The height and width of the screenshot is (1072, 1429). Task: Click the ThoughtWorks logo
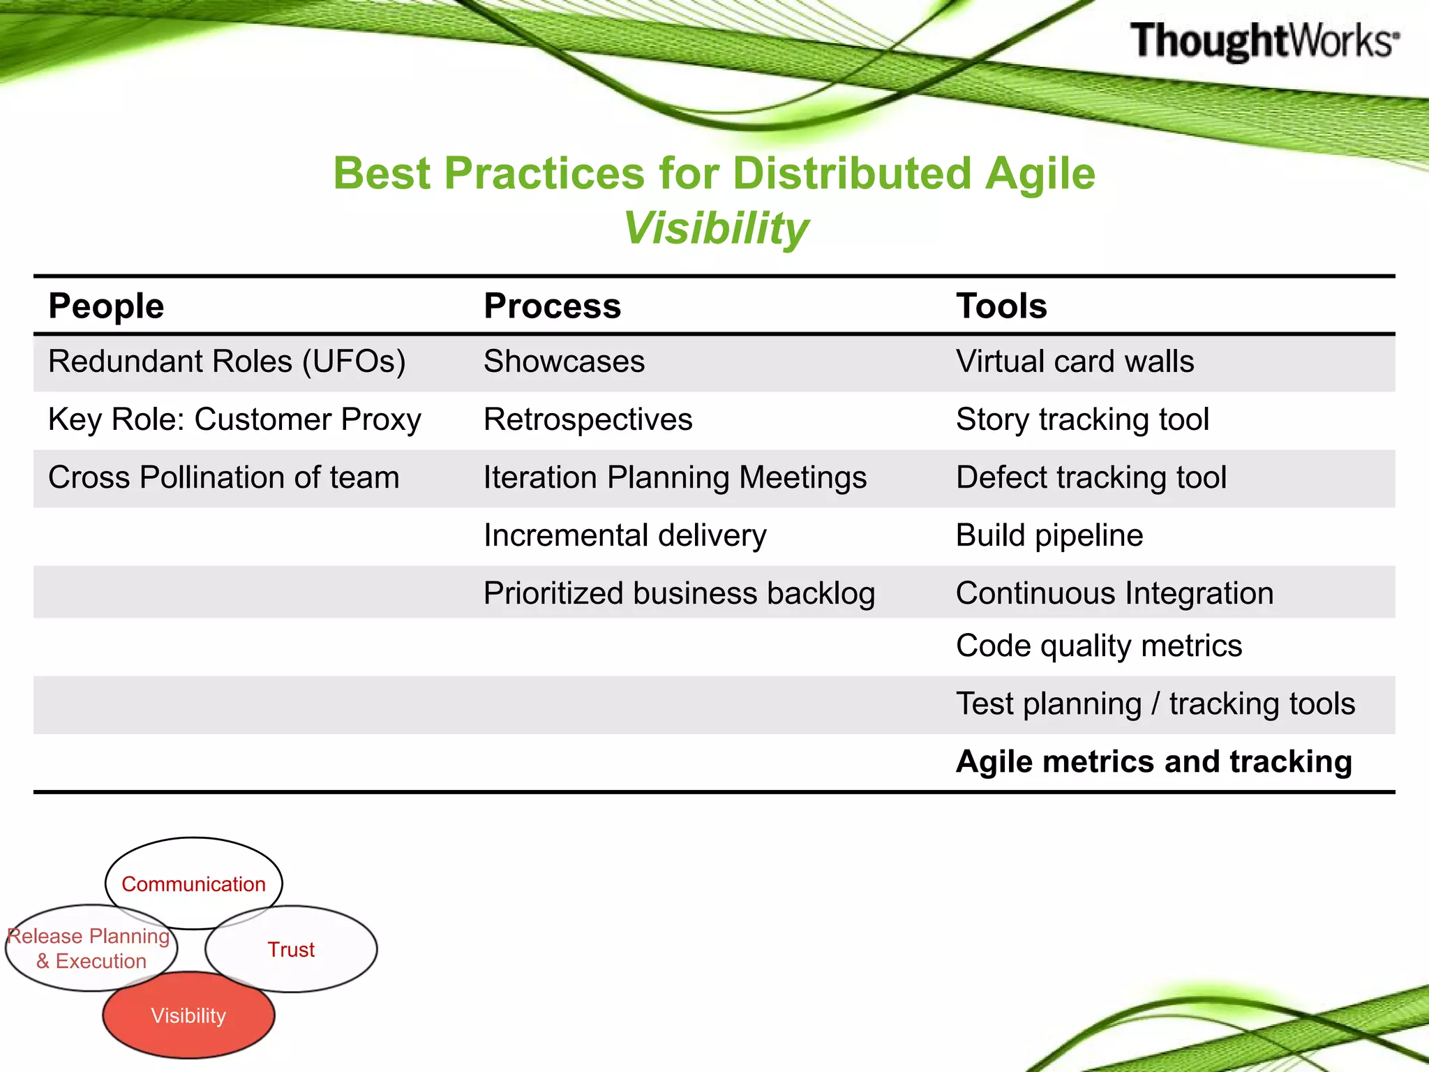[1264, 40]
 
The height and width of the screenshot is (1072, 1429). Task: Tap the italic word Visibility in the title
[715, 228]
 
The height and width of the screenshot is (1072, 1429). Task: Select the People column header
[106, 306]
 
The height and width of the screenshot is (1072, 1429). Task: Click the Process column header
[552, 306]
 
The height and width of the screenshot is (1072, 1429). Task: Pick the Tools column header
[1001, 306]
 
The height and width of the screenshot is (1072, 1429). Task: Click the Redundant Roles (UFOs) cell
[227, 362]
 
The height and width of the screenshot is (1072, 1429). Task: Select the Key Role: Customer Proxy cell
[234, 419]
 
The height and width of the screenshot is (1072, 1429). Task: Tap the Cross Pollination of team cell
[223, 477]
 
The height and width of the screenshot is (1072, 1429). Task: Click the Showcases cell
[564, 362]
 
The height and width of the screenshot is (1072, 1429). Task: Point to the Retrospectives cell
[588, 419]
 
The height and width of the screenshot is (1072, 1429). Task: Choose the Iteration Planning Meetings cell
[675, 477]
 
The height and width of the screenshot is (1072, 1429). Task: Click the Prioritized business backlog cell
[679, 593]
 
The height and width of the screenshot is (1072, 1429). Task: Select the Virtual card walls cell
[1075, 362]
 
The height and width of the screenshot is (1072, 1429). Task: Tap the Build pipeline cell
[1049, 535]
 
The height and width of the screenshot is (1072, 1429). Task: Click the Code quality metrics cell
[1099, 646]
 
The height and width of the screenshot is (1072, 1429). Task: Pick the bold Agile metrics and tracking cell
[1154, 761]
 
